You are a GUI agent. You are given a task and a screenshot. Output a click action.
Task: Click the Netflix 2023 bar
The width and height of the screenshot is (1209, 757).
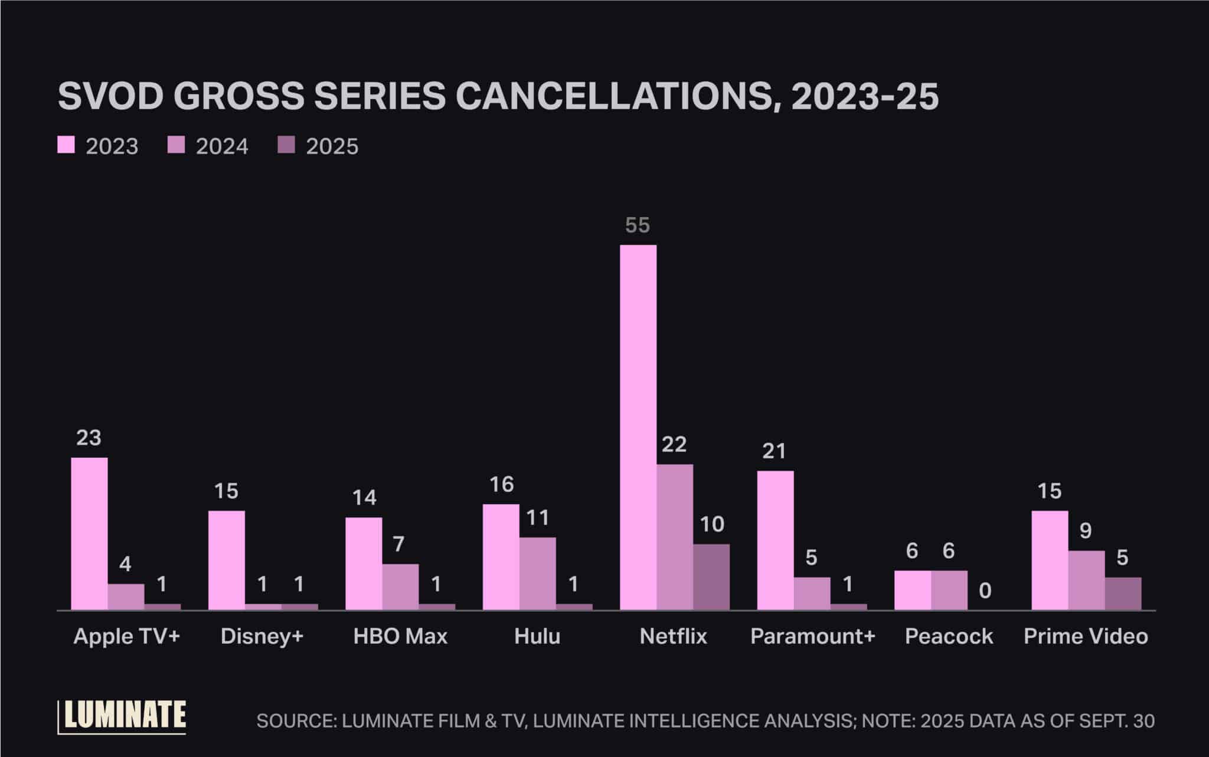pyautogui.click(x=638, y=427)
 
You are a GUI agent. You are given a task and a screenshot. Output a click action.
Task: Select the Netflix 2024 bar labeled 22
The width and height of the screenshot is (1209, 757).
pyautogui.click(x=675, y=537)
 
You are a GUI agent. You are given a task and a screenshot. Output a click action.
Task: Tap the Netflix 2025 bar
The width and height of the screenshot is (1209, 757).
pyautogui.click(x=711, y=576)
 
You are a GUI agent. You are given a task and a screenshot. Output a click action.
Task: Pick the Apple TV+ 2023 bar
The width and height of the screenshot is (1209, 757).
pyautogui.click(x=89, y=533)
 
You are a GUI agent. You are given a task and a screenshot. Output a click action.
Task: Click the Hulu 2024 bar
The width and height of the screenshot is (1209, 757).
pyautogui.click(x=537, y=573)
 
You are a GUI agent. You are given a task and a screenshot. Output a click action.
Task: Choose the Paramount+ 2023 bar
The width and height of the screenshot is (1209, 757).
pyautogui.click(x=775, y=540)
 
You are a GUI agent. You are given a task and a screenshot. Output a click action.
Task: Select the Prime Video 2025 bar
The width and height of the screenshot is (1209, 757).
pyautogui.click(x=1123, y=593)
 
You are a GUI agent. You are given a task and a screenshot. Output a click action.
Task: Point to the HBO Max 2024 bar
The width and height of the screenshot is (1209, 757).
pyautogui.click(x=400, y=586)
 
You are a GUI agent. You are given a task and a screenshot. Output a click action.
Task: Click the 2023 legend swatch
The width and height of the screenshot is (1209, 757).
pyautogui.click(x=66, y=145)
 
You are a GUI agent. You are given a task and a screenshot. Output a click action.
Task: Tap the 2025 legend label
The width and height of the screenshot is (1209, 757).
pyautogui.click(x=332, y=146)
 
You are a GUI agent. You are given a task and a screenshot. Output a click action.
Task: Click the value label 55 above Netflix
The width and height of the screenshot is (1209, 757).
pyautogui.click(x=638, y=225)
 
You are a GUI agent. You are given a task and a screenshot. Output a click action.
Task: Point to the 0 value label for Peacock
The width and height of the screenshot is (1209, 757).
pyautogui.click(x=985, y=591)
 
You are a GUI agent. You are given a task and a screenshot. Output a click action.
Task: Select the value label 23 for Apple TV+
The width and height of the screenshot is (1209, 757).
pyautogui.click(x=89, y=438)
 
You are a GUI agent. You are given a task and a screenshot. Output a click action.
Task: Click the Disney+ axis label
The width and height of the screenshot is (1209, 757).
pyautogui.click(x=262, y=636)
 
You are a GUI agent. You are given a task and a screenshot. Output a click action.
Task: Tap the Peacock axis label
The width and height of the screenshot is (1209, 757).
pyautogui.click(x=949, y=636)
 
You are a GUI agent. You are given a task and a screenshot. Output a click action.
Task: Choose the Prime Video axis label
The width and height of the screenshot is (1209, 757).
pyautogui.click(x=1086, y=636)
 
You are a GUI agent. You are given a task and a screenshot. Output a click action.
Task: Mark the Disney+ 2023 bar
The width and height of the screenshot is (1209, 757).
pyautogui.click(x=226, y=560)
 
